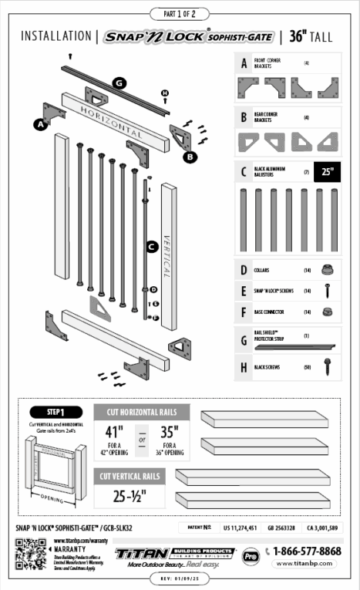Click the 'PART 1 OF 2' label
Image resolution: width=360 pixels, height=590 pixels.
[180, 13]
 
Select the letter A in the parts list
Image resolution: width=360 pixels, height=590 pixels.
[244, 64]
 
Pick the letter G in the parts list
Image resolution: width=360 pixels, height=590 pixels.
[244, 339]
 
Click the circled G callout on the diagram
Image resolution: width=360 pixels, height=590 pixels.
[119, 82]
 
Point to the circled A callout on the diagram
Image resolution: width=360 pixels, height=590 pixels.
[39, 123]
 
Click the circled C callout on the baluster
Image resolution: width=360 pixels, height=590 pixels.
[152, 247]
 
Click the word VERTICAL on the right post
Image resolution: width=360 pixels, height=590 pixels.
[167, 249]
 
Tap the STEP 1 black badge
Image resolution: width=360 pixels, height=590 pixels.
[55, 411]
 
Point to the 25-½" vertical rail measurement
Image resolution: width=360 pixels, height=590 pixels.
[130, 495]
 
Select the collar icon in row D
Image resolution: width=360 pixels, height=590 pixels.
[327, 269]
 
